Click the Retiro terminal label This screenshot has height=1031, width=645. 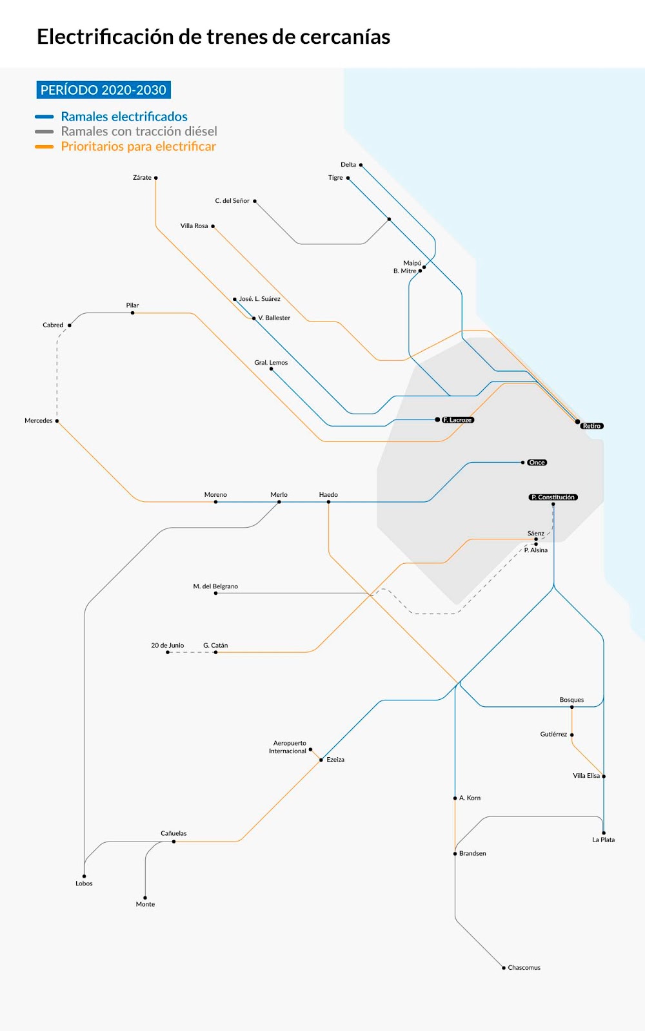[x=591, y=426]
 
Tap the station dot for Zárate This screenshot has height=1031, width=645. [x=155, y=178]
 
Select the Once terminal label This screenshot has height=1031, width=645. [x=537, y=463]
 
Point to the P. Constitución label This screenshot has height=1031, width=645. [x=553, y=497]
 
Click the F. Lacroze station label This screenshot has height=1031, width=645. [x=458, y=420]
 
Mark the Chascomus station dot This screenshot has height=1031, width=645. [x=504, y=968]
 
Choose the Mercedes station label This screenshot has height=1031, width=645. [x=39, y=421]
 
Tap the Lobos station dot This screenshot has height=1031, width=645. [x=84, y=876]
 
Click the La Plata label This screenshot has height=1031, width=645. [x=603, y=840]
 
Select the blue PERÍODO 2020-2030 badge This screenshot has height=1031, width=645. [x=103, y=90]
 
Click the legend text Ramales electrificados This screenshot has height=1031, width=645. [x=124, y=117]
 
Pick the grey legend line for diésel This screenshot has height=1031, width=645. [x=44, y=131]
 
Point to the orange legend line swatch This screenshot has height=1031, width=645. [x=44, y=147]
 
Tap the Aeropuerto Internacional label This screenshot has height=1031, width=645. [x=288, y=747]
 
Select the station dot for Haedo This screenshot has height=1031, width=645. [x=328, y=502]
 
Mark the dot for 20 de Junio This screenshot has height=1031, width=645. [x=168, y=652]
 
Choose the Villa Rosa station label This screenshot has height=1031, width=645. [x=194, y=226]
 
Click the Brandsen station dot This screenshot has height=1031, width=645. [x=455, y=854]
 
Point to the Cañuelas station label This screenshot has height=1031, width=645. [x=174, y=833]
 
